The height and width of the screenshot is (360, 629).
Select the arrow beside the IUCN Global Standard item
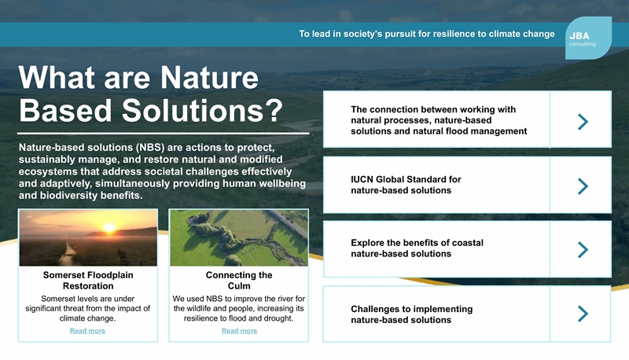582,186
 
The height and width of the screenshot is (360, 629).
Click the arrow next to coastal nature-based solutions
582,249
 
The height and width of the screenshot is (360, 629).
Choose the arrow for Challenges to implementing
582,314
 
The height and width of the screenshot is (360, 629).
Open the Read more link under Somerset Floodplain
87,331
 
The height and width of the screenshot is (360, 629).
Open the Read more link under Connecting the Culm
239,331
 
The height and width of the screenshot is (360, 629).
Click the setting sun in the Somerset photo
109,228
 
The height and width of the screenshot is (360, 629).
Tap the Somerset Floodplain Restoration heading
87,281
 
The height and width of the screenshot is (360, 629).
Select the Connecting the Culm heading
239,281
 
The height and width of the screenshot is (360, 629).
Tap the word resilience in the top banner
447,35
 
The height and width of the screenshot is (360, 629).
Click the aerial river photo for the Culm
239,237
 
